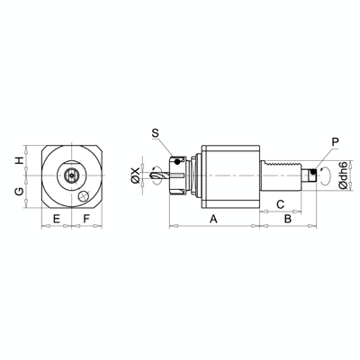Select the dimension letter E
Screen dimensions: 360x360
pos(56,219)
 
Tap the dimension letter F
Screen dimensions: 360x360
pos(86,219)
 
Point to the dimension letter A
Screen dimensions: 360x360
pos(213,219)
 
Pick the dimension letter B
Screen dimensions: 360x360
pos(288,219)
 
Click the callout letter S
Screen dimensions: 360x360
pos(156,132)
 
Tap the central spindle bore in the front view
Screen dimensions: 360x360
pos(70,175)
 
